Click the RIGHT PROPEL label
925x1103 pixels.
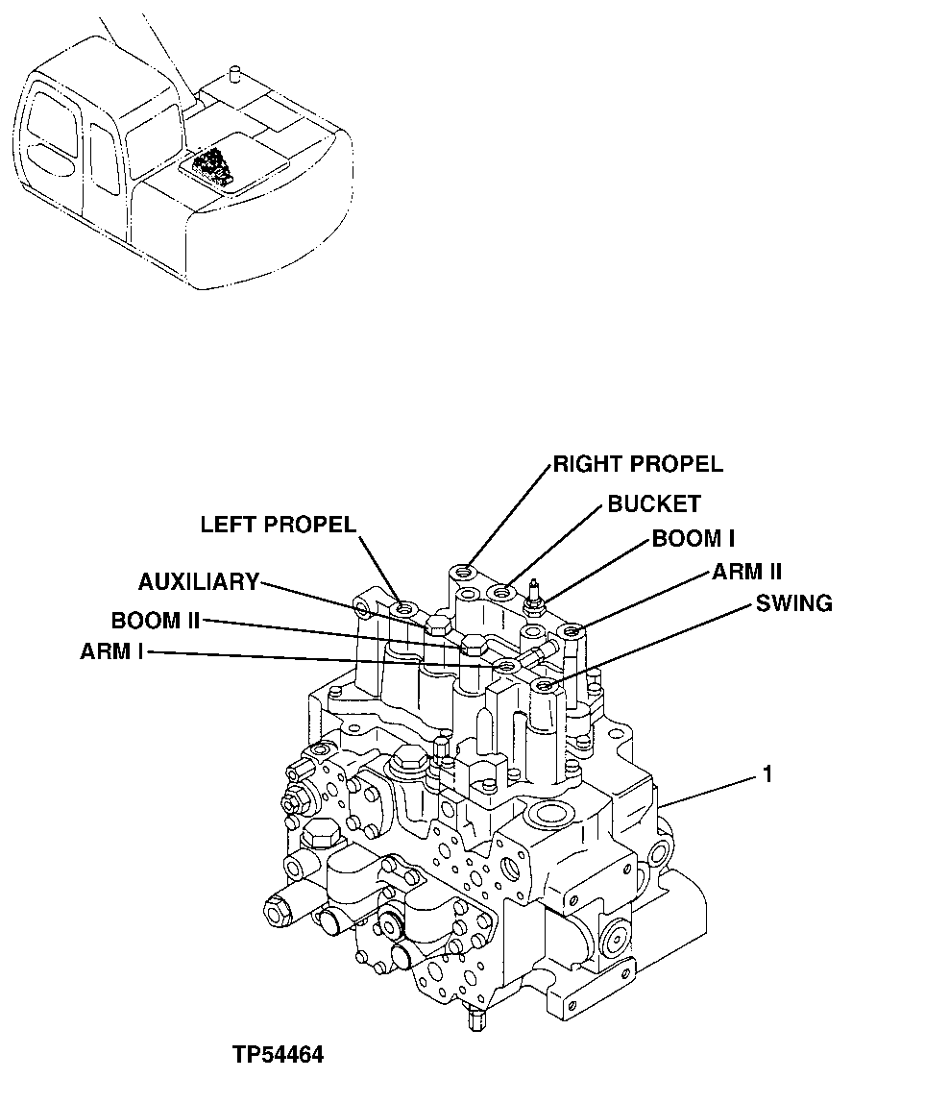(x=637, y=464)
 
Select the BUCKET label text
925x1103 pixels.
(x=653, y=503)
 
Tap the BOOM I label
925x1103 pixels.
(x=694, y=539)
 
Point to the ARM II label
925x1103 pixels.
(x=746, y=573)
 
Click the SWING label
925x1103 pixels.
(x=793, y=603)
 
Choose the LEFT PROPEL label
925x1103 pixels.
(x=278, y=525)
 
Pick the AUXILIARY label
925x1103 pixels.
(x=199, y=581)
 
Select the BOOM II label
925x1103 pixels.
(x=155, y=620)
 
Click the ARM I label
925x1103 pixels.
(x=112, y=652)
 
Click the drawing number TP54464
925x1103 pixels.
(x=278, y=1055)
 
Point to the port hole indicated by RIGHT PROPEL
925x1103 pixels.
(x=466, y=574)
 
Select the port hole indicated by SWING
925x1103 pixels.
(x=547, y=685)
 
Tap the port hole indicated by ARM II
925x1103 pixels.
(x=572, y=631)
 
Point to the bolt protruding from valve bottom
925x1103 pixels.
(x=477, y=1023)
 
